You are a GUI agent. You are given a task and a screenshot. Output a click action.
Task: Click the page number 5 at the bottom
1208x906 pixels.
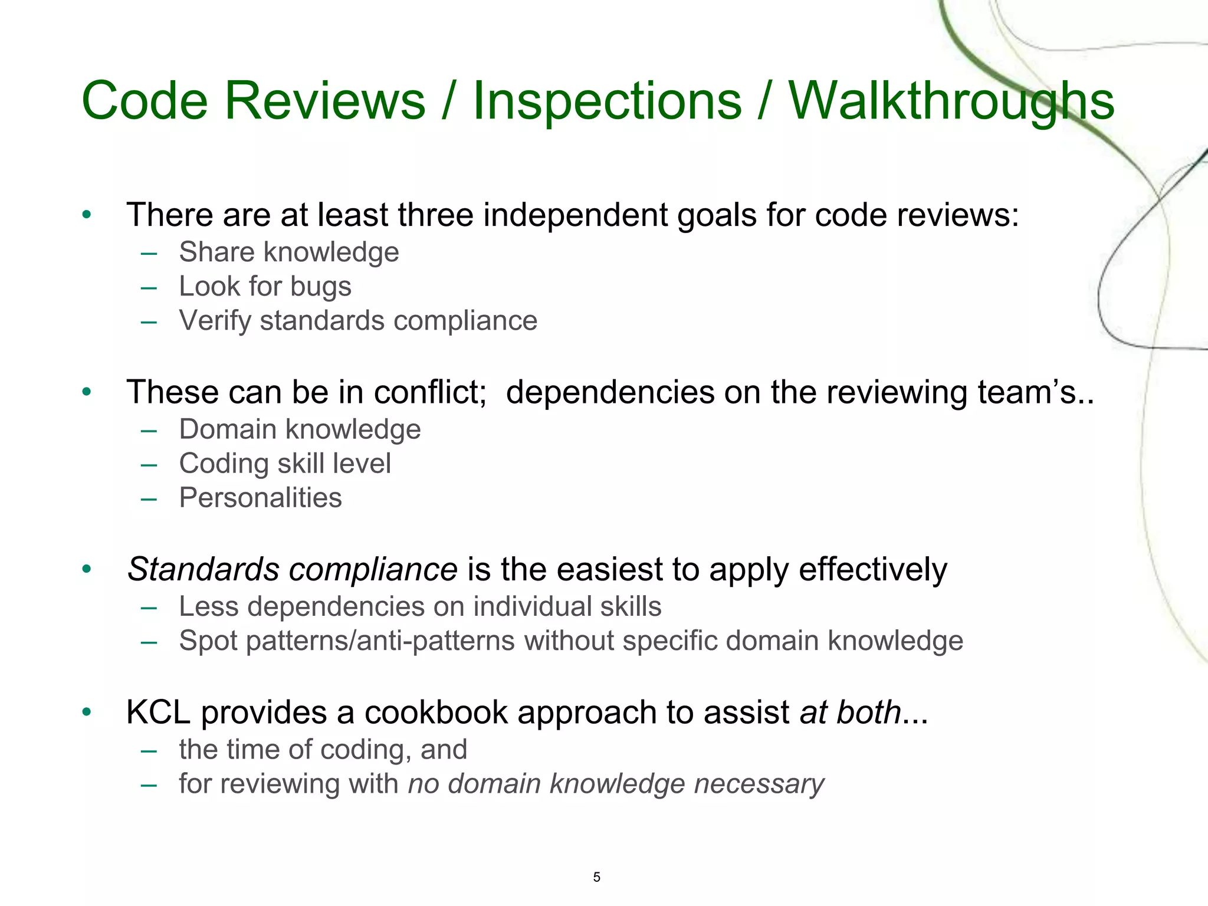pyautogui.click(x=596, y=877)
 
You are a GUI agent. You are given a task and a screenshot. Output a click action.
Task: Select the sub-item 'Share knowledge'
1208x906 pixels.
pyautogui.click(x=289, y=252)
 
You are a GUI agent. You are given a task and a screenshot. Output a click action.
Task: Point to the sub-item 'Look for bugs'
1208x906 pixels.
pyautogui.click(x=265, y=287)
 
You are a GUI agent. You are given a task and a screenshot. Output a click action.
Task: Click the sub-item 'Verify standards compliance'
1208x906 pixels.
pyautogui.click(x=358, y=321)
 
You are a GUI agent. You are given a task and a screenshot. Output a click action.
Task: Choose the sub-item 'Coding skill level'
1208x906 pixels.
pyautogui.click(x=285, y=464)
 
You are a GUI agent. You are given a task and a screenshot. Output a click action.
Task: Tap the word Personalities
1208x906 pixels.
pyautogui.click(x=260, y=498)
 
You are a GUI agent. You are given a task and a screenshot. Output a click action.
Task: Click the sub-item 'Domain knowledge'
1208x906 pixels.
pyautogui.click(x=300, y=429)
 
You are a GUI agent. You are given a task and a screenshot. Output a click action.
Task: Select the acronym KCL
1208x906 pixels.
pyautogui.click(x=158, y=713)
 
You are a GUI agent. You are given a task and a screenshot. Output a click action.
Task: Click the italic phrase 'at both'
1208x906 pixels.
pyautogui.click(x=850, y=713)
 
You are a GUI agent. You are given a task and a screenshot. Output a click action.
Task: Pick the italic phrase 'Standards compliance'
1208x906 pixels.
pyautogui.click(x=292, y=570)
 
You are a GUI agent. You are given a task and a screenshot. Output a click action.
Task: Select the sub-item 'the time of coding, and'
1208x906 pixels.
pyautogui.click(x=323, y=750)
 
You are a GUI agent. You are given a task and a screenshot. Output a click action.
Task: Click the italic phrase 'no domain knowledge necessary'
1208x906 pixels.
pyautogui.click(x=616, y=784)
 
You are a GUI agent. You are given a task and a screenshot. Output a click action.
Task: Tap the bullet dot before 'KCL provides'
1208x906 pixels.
pyautogui.click(x=87, y=713)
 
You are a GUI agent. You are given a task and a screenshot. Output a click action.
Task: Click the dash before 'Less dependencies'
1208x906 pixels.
pyautogui.click(x=149, y=608)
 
